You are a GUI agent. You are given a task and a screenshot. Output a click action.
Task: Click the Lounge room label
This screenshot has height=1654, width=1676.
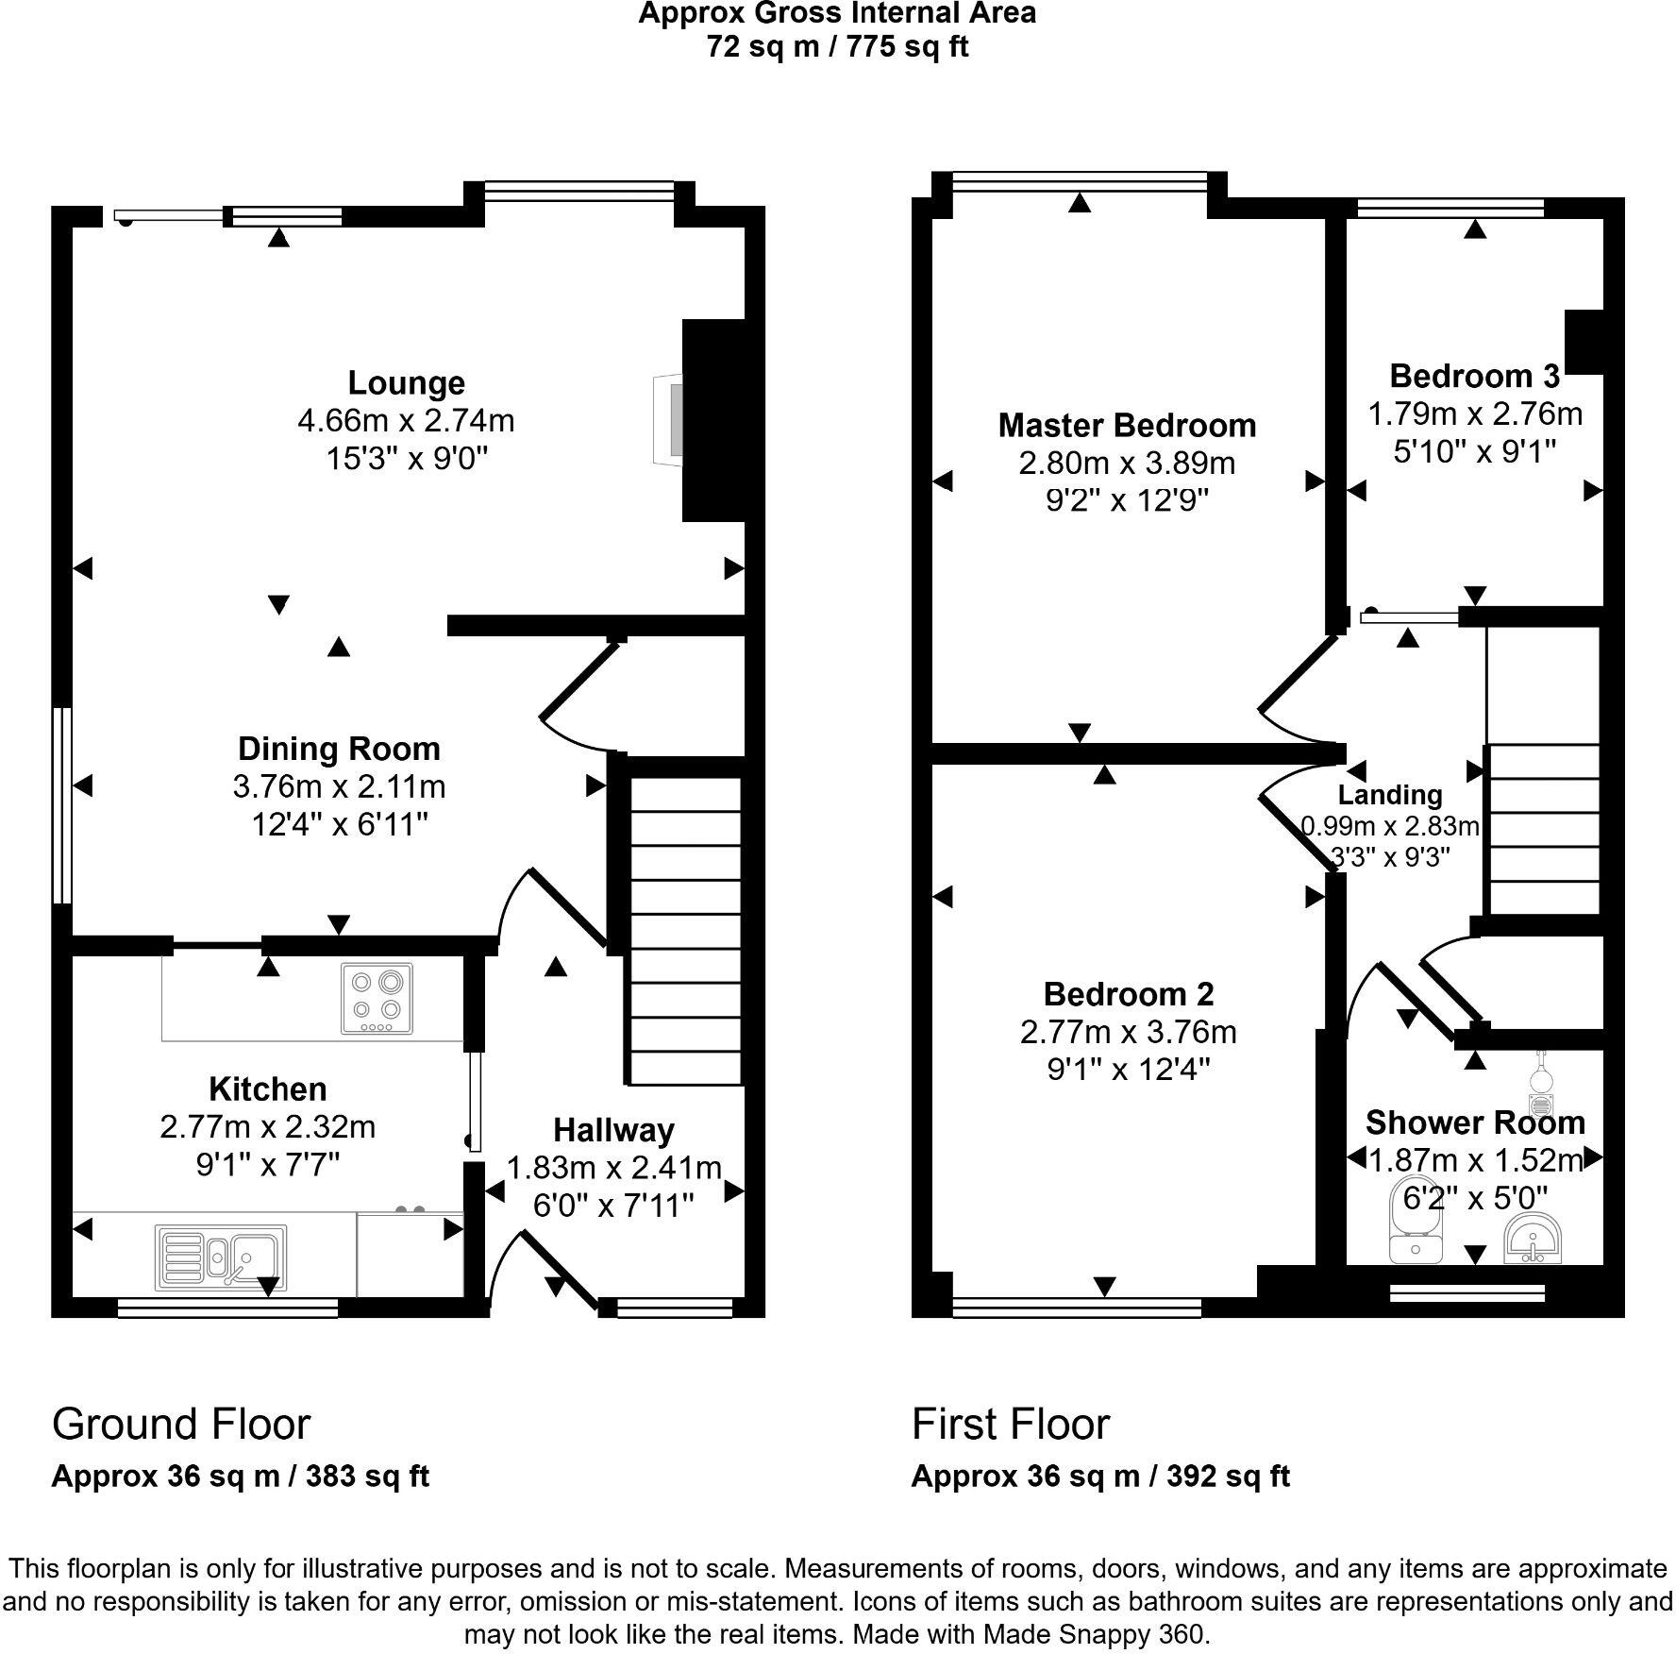(406, 383)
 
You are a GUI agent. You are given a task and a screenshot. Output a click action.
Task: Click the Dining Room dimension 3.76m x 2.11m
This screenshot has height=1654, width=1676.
(339, 786)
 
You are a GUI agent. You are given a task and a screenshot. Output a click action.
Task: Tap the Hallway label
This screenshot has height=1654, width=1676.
(613, 1130)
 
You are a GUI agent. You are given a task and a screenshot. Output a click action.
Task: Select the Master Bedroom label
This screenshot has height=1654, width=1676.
(1127, 426)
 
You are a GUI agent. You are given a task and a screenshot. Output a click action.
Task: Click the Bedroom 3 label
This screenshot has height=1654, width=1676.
(1474, 377)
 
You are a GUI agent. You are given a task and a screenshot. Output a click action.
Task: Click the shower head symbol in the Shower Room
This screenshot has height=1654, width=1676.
(1539, 1086)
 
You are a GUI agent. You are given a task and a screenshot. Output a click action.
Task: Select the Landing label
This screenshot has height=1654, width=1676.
(1389, 796)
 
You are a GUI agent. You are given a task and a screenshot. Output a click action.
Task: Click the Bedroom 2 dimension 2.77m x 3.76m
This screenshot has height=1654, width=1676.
(1128, 1032)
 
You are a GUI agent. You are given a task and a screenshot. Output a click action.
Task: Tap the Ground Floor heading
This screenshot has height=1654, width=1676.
(180, 1424)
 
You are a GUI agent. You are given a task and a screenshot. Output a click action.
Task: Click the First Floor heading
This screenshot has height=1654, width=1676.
(1010, 1424)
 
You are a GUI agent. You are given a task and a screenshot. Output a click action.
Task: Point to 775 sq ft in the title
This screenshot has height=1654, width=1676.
(908, 45)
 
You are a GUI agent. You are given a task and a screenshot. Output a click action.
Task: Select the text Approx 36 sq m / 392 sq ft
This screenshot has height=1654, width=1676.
(1099, 1477)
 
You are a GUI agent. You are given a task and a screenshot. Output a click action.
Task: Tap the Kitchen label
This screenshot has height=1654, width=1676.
(267, 1089)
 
